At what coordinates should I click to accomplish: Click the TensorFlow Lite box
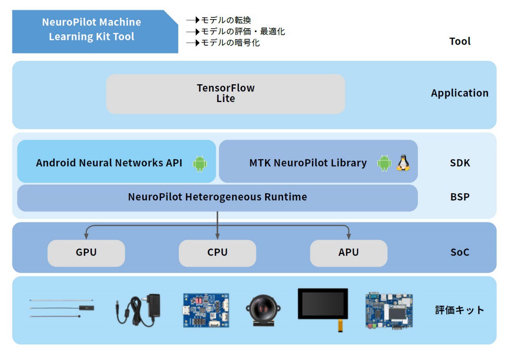tap(226, 93)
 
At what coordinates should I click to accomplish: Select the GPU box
tap(86, 253)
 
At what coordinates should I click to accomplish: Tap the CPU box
tap(217, 253)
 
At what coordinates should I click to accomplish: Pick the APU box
tap(348, 253)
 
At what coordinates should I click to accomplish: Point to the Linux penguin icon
tap(403, 162)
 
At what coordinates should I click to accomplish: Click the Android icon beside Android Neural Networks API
tap(200, 163)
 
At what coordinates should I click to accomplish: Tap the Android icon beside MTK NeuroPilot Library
tap(384, 163)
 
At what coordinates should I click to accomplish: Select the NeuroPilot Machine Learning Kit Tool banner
tap(95, 32)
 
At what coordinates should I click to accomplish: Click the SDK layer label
tap(460, 163)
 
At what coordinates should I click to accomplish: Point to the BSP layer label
tap(460, 197)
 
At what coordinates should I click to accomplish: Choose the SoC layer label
tap(460, 252)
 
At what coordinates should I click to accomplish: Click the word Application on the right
tap(460, 93)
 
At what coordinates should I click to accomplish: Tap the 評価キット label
tap(460, 310)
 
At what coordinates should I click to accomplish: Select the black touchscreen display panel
tap(323, 304)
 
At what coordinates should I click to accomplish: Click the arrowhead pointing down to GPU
tap(86, 236)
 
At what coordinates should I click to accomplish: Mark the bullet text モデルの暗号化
tap(230, 43)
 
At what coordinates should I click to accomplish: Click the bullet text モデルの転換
tap(226, 20)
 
